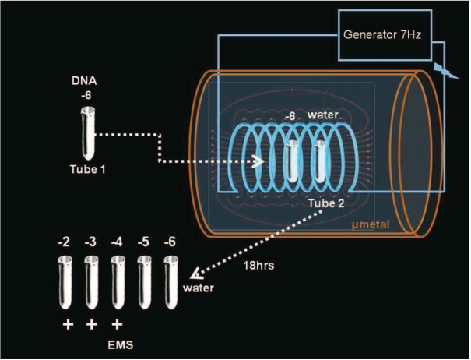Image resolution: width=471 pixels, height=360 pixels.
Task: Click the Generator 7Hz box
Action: (382, 37)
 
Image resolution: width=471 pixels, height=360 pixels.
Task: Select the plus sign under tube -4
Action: (118, 322)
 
